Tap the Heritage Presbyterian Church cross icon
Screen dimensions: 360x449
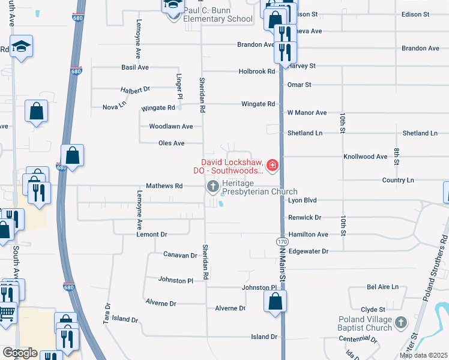212,187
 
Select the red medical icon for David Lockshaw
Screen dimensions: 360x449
273,165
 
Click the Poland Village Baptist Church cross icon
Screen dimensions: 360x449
402,323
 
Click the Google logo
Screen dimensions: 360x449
19,353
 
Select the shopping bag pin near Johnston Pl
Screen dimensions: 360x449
275,301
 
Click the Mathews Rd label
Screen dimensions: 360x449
164,186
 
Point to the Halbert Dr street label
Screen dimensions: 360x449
134,89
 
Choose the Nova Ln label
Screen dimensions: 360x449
114,106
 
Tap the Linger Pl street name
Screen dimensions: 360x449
179,86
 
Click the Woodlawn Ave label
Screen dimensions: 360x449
171,127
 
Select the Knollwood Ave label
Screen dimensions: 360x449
365,157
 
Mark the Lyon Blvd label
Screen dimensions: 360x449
302,200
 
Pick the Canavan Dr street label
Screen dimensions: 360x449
180,255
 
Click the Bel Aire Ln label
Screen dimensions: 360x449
382,287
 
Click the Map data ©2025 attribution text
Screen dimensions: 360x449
424,355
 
